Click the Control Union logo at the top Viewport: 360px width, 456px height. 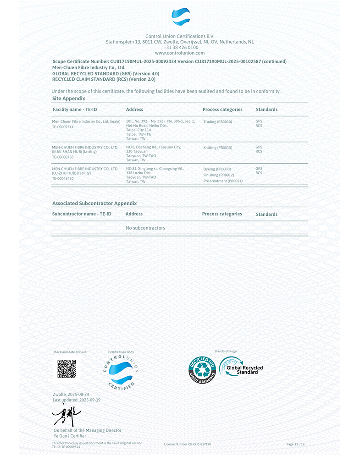181,16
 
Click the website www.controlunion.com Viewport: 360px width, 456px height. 180,53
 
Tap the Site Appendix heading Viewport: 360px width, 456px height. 69,99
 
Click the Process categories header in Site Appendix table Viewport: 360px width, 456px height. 222,110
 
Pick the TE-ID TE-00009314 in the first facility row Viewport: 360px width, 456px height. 63,126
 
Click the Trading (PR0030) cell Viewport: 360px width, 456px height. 218,122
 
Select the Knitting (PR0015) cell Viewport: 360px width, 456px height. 218,148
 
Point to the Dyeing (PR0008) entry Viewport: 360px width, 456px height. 217,169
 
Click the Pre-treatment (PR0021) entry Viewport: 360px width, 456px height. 223,181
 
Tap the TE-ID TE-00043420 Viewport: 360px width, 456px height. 63,178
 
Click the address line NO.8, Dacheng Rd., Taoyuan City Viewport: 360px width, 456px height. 153,147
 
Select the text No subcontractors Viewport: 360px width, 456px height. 145,228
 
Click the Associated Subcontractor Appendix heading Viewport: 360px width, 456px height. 94,203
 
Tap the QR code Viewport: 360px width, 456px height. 66,369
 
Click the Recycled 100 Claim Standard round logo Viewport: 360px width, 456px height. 202,370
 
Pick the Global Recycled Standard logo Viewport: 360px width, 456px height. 241,368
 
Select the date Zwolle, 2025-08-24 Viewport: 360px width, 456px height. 71,395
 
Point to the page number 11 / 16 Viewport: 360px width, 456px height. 295,445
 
